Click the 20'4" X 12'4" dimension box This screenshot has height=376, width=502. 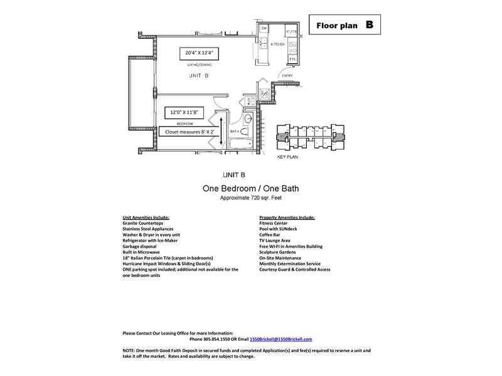click(x=200, y=53)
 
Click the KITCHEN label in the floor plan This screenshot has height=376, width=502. click(x=278, y=44)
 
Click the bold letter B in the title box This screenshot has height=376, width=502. click(x=369, y=25)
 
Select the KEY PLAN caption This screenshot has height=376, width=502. click(x=288, y=157)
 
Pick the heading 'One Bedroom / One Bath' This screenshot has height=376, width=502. click(x=250, y=188)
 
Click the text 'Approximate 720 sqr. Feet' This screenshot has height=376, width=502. click(x=250, y=197)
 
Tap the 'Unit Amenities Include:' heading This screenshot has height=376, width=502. click(x=146, y=217)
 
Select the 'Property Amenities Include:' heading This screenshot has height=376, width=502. click(x=287, y=217)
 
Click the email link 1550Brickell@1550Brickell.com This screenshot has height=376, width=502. click(x=280, y=338)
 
